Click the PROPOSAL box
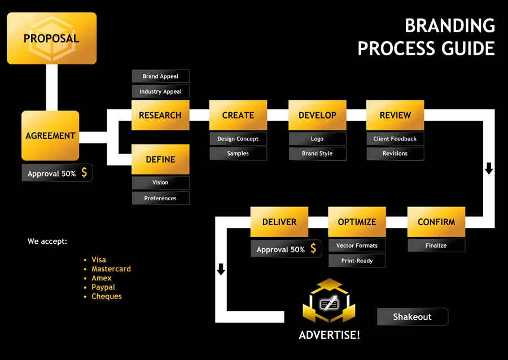coord(51,38)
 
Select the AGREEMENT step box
coord(50,135)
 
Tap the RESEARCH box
coord(160,115)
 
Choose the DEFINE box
coord(160,159)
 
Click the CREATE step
coord(238,115)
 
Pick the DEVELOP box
coord(317,115)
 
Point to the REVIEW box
coord(395,115)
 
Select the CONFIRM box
coord(436,222)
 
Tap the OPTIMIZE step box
coord(357,222)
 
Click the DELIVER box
coord(279,222)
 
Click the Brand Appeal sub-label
coord(160,76)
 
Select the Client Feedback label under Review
coord(395,139)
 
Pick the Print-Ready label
coord(357,261)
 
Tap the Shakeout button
coord(412,317)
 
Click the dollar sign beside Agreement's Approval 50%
coord(84,173)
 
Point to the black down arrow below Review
coord(489,168)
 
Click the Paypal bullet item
coord(103,287)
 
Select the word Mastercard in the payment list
coord(111,269)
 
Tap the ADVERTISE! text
coord(329,335)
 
